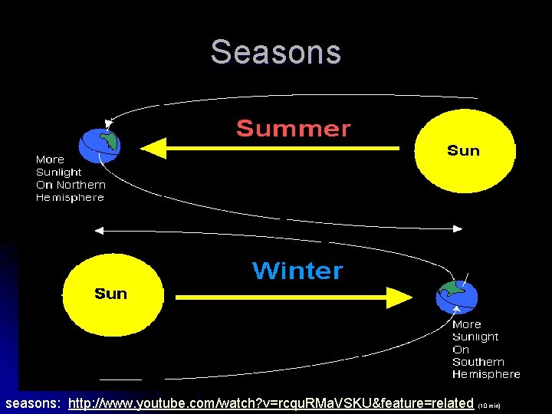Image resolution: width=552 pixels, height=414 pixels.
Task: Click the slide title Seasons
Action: tap(276, 52)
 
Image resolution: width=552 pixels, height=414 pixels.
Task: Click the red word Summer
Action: tap(293, 129)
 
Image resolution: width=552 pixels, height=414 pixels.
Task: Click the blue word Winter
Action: tap(297, 271)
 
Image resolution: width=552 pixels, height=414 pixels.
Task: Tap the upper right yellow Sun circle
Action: tap(463, 150)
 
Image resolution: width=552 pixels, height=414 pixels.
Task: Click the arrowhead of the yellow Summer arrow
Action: tap(154, 148)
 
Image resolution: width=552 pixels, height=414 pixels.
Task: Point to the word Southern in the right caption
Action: tap(478, 362)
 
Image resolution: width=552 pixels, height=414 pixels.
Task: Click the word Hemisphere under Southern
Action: tap(486, 374)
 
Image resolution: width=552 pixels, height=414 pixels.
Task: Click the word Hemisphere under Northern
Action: tap(70, 198)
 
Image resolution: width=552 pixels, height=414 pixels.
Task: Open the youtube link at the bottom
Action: tap(271, 403)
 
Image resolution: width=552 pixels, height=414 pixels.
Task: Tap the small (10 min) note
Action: tap(489, 405)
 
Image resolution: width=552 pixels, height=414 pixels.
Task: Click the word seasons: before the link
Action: tap(34, 403)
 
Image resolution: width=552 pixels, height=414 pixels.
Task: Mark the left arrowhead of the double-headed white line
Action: tap(98, 229)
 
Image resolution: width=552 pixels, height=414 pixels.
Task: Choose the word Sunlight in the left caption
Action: tap(59, 172)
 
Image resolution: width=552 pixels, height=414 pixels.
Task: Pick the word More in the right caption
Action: tap(467, 324)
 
